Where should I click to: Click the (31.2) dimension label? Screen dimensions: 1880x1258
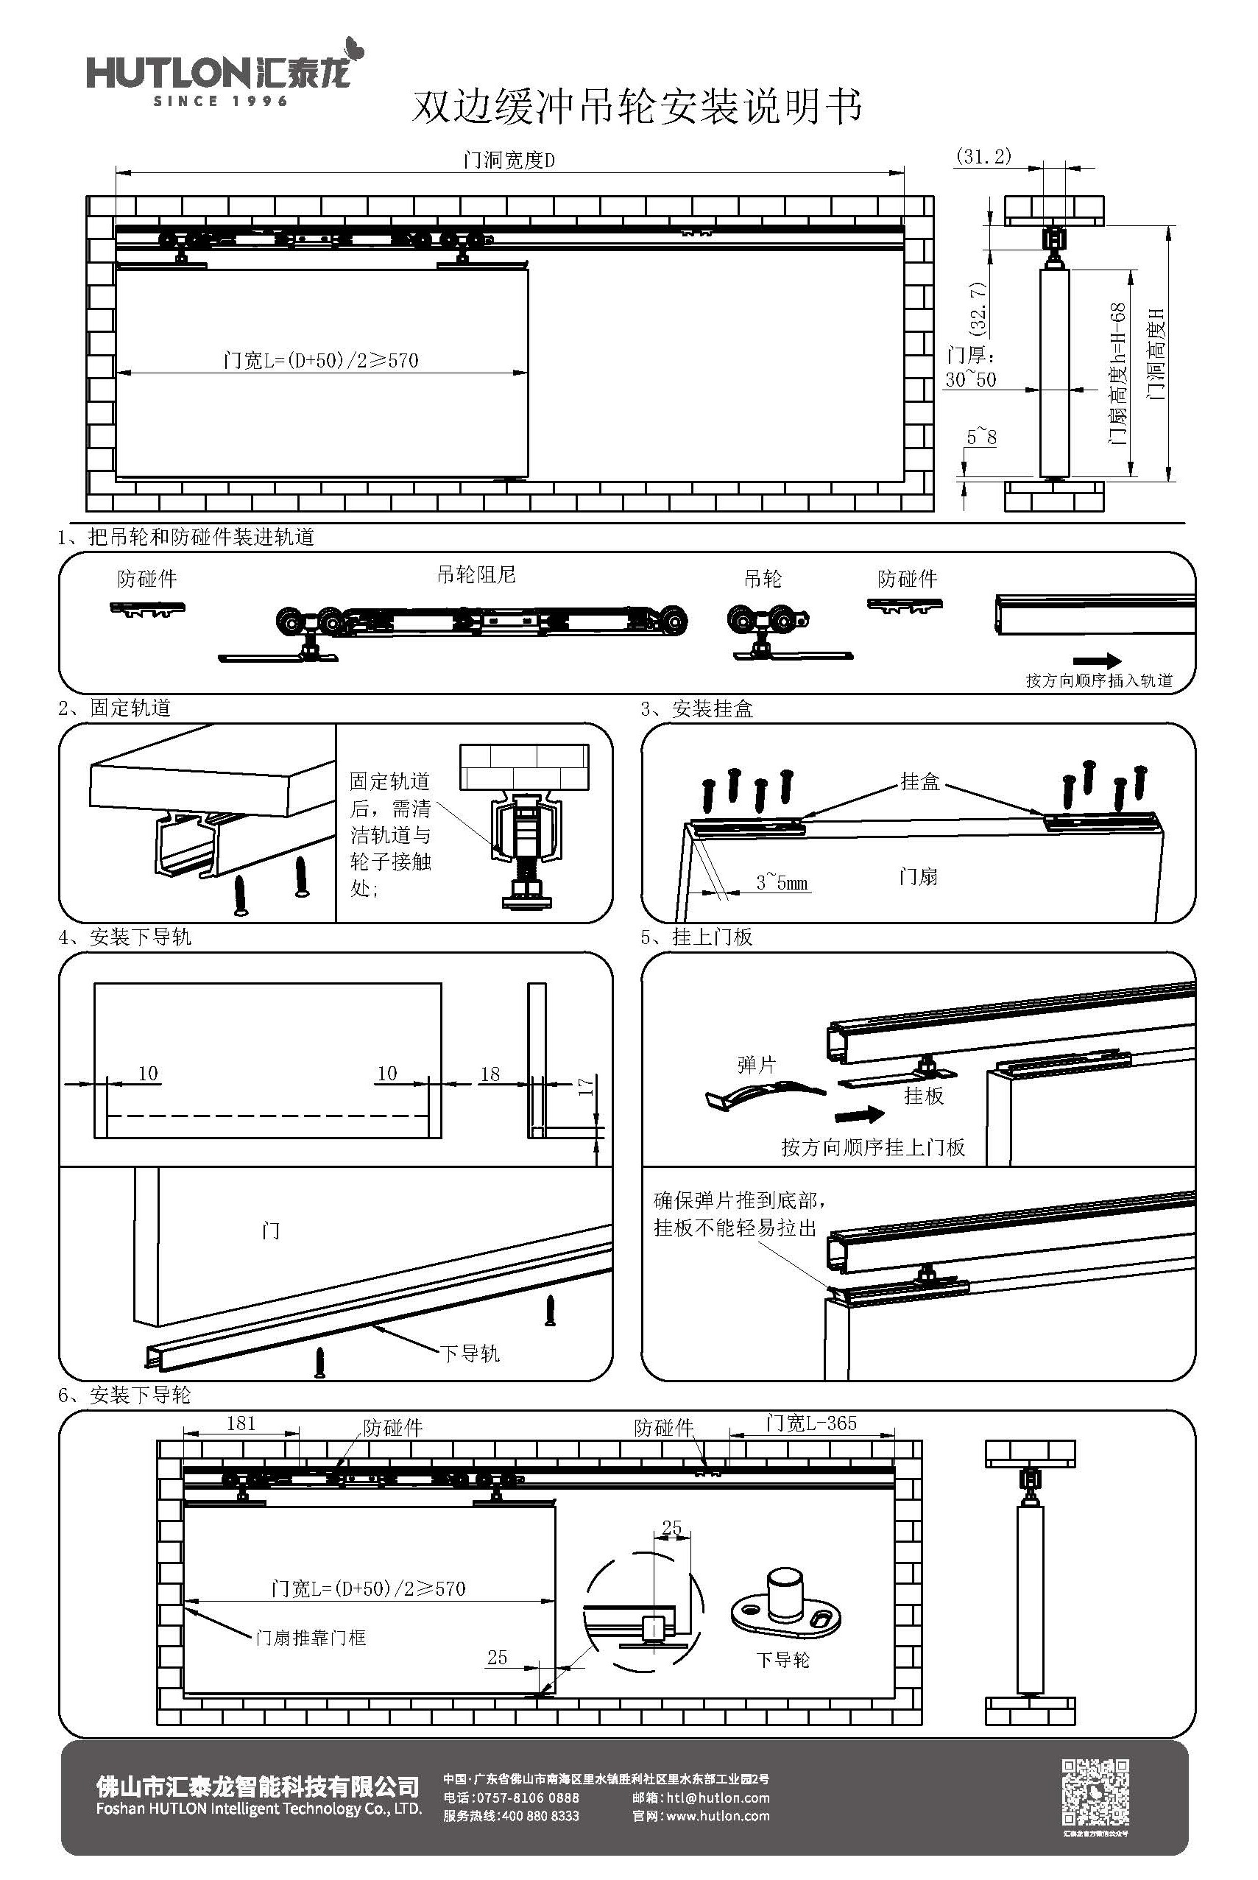coord(983,156)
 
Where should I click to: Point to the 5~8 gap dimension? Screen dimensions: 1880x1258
coord(981,437)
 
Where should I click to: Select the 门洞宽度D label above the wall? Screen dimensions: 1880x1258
coord(509,161)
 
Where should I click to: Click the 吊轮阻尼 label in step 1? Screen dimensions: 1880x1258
coord(476,574)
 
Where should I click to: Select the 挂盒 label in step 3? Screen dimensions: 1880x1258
coord(919,781)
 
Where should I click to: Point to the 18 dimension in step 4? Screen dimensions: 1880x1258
coord(490,1074)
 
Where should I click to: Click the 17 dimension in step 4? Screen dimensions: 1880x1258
coord(586,1086)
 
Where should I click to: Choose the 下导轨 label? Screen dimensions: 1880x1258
coord(470,1353)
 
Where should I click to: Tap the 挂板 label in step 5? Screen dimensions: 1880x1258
coord(924,1096)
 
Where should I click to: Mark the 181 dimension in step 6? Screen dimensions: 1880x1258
coord(241,1423)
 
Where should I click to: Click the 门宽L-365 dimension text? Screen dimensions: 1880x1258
coord(811,1423)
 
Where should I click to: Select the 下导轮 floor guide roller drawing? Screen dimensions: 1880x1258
coord(785,1602)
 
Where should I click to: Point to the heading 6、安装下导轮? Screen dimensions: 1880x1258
coord(124,1395)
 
